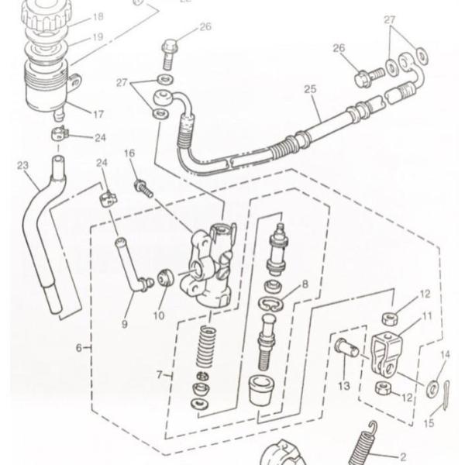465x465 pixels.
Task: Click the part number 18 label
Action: pyautogui.click(x=98, y=17)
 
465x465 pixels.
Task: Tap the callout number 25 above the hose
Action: pyautogui.click(x=310, y=90)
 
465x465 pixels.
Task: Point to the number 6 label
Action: pyautogui.click(x=78, y=348)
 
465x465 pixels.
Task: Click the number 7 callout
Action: pyautogui.click(x=159, y=375)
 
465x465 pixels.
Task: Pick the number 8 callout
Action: pyautogui.click(x=305, y=284)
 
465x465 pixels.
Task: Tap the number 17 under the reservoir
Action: pyautogui.click(x=98, y=114)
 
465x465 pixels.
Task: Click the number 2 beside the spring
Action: pyautogui.click(x=402, y=457)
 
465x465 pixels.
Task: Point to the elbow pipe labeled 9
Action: pyautogui.click(x=130, y=268)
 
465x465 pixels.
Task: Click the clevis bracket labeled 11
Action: pyautogui.click(x=387, y=352)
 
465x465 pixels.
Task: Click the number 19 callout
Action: pyautogui.click(x=98, y=36)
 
